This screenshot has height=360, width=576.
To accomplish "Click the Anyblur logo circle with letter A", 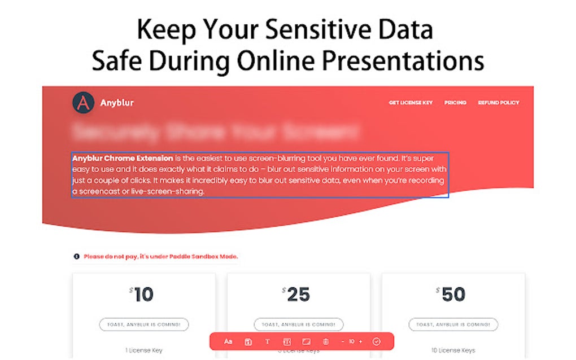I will click(x=83, y=103).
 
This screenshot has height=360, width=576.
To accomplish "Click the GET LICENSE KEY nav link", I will click(x=411, y=103).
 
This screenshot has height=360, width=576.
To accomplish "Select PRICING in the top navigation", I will click(x=455, y=103).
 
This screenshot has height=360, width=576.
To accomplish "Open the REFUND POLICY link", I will click(x=499, y=103).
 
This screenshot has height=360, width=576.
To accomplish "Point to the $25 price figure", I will click(x=298, y=295).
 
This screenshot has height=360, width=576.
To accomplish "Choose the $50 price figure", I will click(x=452, y=295).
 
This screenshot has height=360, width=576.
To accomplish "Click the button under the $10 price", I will click(x=143, y=324).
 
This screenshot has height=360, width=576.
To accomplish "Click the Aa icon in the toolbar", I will click(x=228, y=341).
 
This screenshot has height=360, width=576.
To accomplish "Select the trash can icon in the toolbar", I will click(x=325, y=341).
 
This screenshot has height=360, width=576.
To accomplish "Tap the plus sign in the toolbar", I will click(x=360, y=341).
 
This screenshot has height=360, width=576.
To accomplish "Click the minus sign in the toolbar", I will click(x=342, y=341).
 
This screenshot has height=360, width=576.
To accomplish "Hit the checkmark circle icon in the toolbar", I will click(x=377, y=341).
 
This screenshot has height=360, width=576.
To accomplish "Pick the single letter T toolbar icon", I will click(x=267, y=341).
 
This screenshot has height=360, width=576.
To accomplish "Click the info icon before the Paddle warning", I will click(x=76, y=256).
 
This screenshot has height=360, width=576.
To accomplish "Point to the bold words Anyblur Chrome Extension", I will click(x=123, y=159).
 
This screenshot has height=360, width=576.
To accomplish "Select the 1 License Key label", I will click(x=143, y=350).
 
